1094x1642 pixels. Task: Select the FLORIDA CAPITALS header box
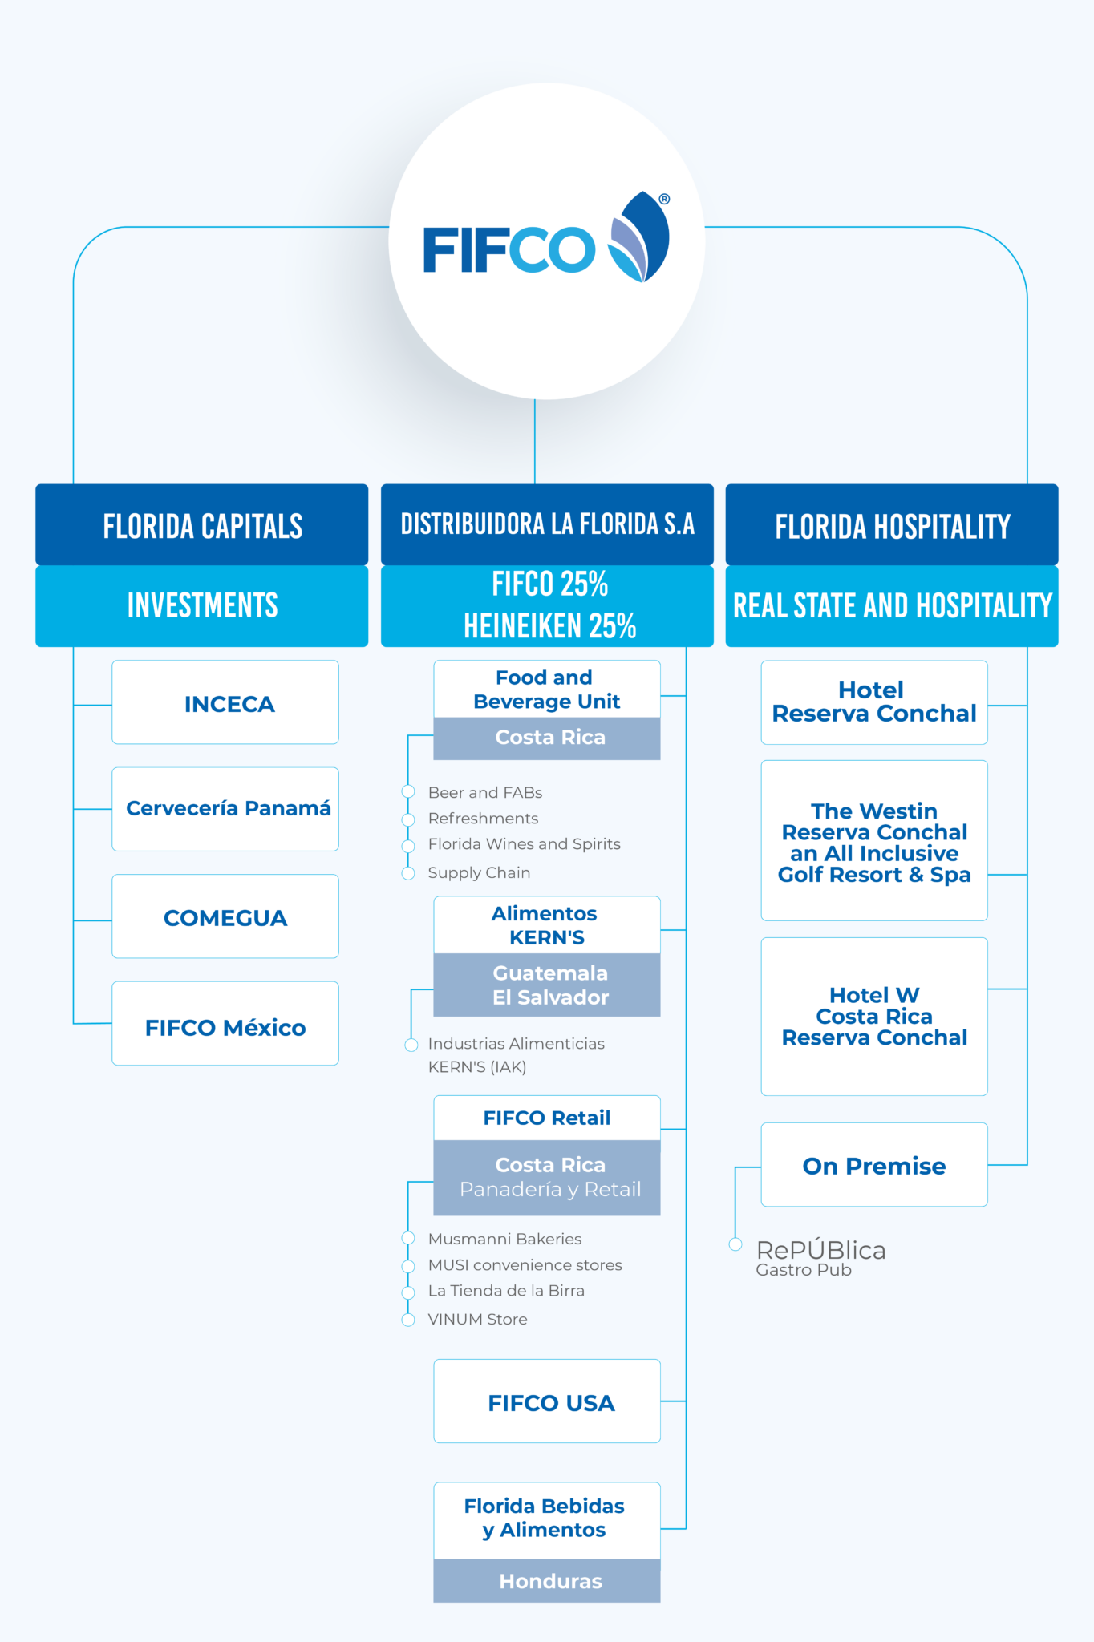(202, 525)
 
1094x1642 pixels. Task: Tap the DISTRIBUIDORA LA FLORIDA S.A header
(547, 524)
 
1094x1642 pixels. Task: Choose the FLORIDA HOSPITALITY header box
(892, 525)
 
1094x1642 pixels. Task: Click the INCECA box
(225, 702)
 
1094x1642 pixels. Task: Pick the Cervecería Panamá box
(225, 809)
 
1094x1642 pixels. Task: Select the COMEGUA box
(225, 916)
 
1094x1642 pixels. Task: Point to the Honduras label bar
(547, 1581)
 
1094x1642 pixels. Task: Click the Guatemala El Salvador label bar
(547, 985)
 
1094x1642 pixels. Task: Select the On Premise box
(874, 1165)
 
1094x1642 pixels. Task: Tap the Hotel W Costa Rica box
(874, 1017)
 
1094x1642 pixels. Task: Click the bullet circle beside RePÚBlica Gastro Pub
(735, 1244)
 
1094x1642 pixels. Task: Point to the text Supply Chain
(479, 872)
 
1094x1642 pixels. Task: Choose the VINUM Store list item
(477, 1319)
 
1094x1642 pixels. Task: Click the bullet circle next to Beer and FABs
(408, 792)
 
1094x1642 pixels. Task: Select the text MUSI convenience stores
(525, 1264)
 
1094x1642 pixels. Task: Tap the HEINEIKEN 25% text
(549, 626)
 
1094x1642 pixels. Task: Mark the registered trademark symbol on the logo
(664, 199)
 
